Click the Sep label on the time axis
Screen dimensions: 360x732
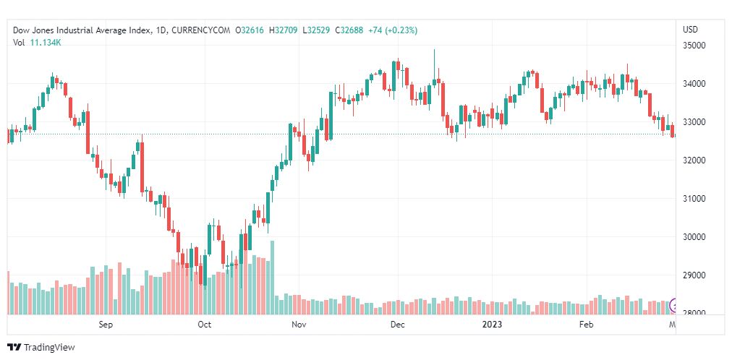[106, 325]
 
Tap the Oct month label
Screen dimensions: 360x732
[204, 325]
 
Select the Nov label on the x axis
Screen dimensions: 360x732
[299, 325]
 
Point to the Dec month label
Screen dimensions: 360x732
[397, 325]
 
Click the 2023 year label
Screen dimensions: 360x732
[493, 325]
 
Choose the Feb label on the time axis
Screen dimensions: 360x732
[587, 325]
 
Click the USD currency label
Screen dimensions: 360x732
[690, 30]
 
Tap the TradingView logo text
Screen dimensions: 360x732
[49, 348]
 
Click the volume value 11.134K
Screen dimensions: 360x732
[46, 42]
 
